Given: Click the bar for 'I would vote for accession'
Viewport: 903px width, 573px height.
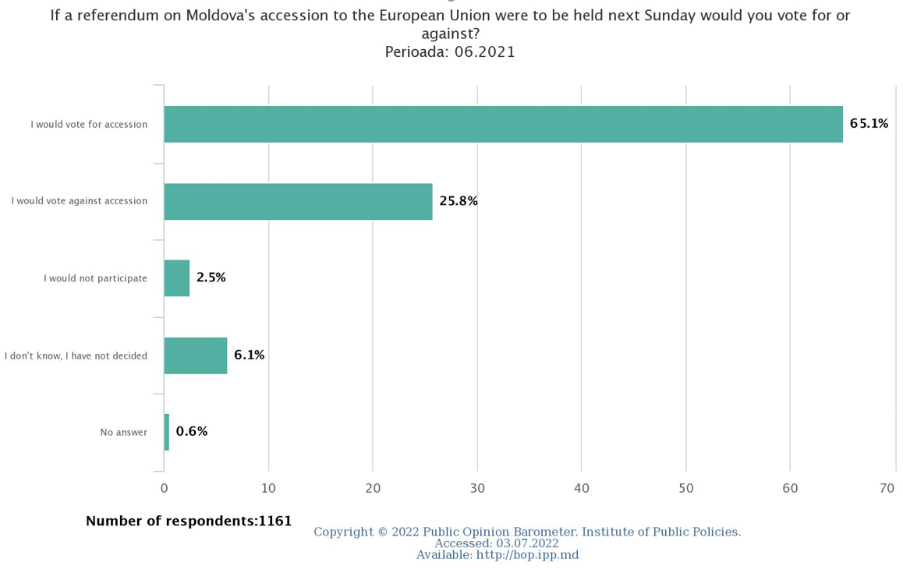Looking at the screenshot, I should pos(503,124).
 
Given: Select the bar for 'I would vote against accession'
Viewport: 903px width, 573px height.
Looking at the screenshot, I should pos(298,201).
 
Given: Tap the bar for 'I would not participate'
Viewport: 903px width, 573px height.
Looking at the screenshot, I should pos(177,278).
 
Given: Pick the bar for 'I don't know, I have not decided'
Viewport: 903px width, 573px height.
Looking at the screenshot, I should pos(196,355).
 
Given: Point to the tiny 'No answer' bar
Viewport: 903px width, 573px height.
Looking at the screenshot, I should pos(167,432).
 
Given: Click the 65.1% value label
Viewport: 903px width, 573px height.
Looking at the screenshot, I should pos(869,123).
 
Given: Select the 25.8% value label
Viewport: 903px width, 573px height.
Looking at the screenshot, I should pos(459,201).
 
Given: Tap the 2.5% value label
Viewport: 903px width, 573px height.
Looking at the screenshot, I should pos(211,278).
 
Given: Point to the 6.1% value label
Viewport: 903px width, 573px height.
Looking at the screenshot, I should pos(249,355).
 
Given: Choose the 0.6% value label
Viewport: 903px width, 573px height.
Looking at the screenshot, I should pos(192,431).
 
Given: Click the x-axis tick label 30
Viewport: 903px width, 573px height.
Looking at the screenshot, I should pos(477,488).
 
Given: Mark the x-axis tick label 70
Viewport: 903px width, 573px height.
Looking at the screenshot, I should pos(887,488).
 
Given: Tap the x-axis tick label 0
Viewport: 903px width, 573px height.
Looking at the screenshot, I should pos(164,488).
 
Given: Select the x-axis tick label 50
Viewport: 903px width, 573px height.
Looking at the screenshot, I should pos(686,488).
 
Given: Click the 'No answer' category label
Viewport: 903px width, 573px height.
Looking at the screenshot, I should pos(123,432).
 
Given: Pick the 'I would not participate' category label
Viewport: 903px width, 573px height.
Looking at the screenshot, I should pos(95,278).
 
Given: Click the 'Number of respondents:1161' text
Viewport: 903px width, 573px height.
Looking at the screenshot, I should pos(189,521).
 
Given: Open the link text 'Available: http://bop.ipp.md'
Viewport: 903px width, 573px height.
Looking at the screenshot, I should pos(498,555).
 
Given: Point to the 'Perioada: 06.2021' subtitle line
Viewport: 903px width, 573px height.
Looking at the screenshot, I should pos(450,52).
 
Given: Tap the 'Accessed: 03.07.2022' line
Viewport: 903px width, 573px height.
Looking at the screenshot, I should pos(497,543).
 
